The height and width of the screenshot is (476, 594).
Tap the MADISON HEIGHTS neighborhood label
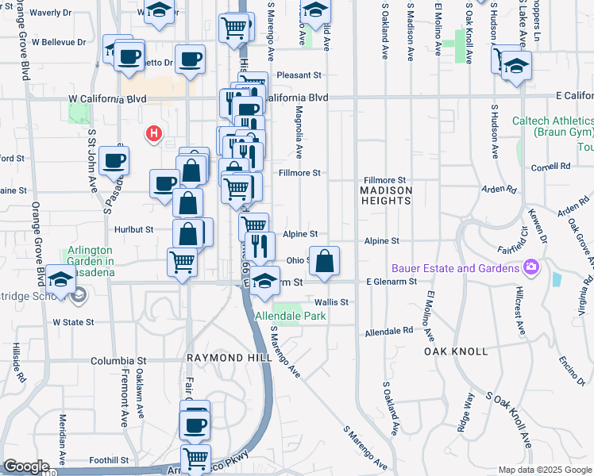point(386,196)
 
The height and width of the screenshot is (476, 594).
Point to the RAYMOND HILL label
point(224,359)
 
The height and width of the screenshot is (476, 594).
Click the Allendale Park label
point(291,316)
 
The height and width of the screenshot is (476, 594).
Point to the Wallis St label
point(332,302)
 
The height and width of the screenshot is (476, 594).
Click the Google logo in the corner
point(26,466)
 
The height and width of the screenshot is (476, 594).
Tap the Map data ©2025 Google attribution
point(544,470)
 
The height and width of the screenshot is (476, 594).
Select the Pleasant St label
point(298,75)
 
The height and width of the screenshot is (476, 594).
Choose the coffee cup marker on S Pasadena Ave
point(114,161)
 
